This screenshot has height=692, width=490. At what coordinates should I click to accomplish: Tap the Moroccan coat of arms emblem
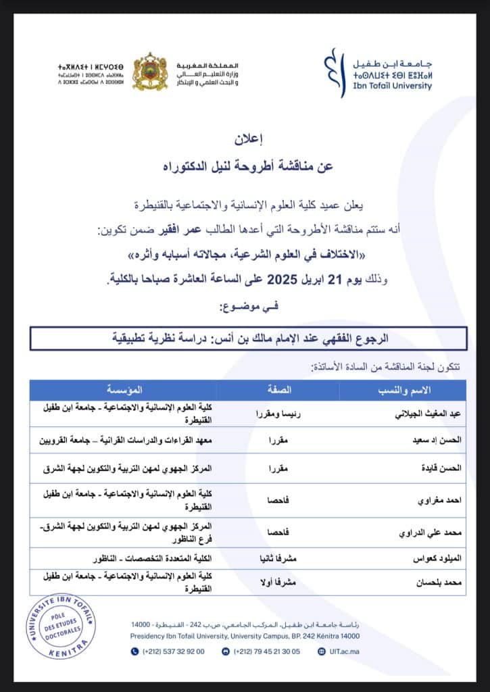(x=149, y=72)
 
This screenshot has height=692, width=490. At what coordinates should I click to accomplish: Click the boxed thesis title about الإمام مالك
(x=249, y=337)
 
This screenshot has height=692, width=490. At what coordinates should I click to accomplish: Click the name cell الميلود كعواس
(x=437, y=560)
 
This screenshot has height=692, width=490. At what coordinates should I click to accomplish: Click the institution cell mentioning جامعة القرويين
(x=128, y=439)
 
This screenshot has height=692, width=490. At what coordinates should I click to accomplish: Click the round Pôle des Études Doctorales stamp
(x=62, y=626)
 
